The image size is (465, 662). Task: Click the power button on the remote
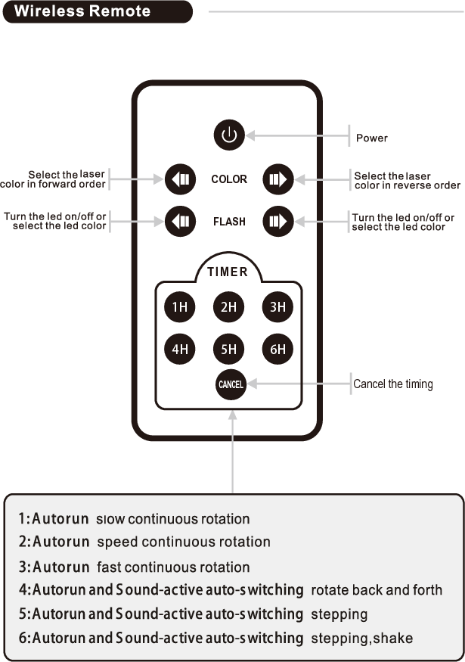tap(229, 136)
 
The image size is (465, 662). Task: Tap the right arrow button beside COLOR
tap(277, 179)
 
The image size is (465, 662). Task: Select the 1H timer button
tap(179, 307)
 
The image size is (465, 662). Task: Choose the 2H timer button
tap(229, 307)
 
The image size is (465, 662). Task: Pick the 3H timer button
tap(277, 307)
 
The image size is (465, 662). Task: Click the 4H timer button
tap(179, 349)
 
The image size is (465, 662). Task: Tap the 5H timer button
tap(229, 349)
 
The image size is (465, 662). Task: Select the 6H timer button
tap(277, 349)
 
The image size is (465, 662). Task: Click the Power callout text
tap(371, 138)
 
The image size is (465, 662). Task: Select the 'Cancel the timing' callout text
tap(393, 384)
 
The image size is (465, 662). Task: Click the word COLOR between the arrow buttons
tap(229, 179)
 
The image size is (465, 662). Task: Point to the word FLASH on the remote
tap(229, 222)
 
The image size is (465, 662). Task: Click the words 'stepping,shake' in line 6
tap(361, 639)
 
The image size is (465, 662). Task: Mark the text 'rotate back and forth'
tap(377, 590)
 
